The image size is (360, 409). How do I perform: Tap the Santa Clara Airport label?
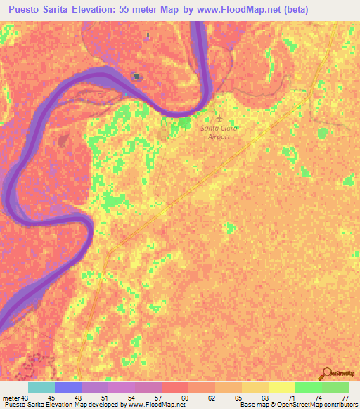(x=219, y=132)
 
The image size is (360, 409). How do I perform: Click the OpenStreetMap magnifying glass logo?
(x=326, y=374)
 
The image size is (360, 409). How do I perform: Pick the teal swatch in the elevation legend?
(x=41, y=387)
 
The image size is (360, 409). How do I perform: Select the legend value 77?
(x=345, y=398)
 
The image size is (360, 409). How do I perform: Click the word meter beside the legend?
(x=11, y=398)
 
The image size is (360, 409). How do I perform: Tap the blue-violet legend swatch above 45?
(x=68, y=387)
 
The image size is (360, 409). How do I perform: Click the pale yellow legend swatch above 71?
(x=281, y=387)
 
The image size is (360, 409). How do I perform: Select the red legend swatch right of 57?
(x=174, y=387)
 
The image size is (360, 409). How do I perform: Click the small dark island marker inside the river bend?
(x=136, y=77)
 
